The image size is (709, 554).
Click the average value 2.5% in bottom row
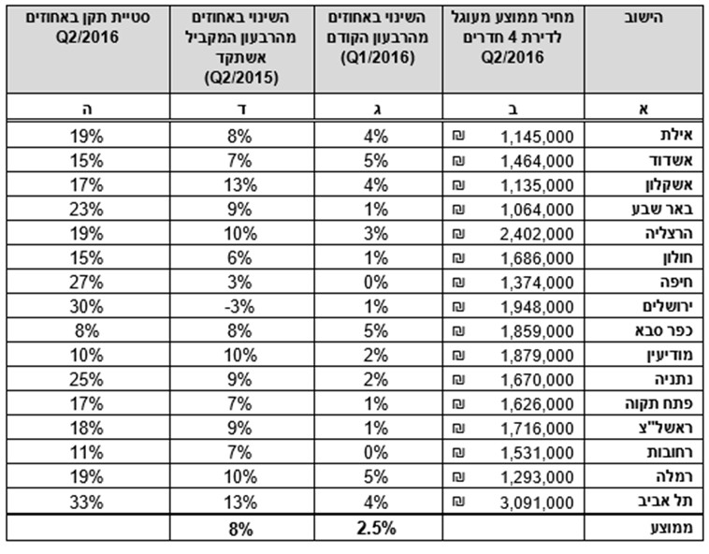pos(377,528)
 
